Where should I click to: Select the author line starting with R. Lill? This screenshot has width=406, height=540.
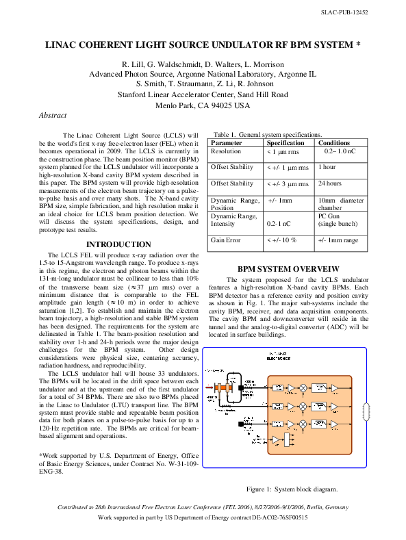[x=203, y=64]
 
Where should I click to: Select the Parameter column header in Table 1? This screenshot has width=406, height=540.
[x=227, y=143]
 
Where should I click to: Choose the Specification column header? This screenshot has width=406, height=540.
[x=285, y=143]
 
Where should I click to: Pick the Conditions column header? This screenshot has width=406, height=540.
[x=334, y=143]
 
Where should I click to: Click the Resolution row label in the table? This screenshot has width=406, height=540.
[x=226, y=151]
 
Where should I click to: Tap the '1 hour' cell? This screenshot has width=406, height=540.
[x=327, y=167]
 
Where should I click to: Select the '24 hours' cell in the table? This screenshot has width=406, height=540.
[x=330, y=183]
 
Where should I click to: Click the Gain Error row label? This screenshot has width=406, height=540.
[x=227, y=240]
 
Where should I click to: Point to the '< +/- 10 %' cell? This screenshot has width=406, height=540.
[x=281, y=240]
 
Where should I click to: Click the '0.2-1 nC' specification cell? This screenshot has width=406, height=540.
[x=279, y=224]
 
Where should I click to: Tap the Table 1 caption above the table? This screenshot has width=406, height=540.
[x=268, y=135]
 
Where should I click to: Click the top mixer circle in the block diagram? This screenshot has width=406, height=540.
[x=302, y=388]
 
